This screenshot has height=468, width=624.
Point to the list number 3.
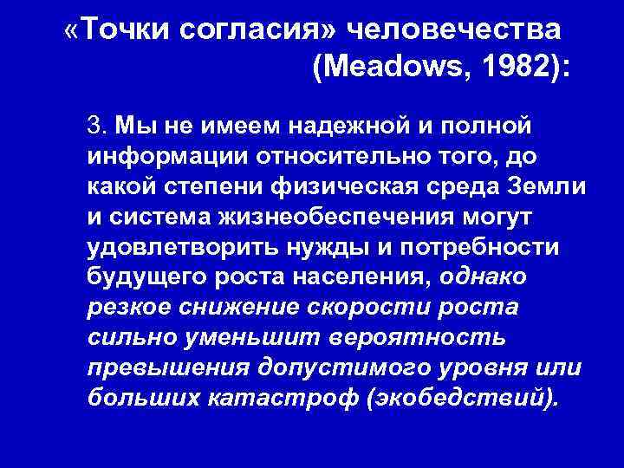[95, 127]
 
